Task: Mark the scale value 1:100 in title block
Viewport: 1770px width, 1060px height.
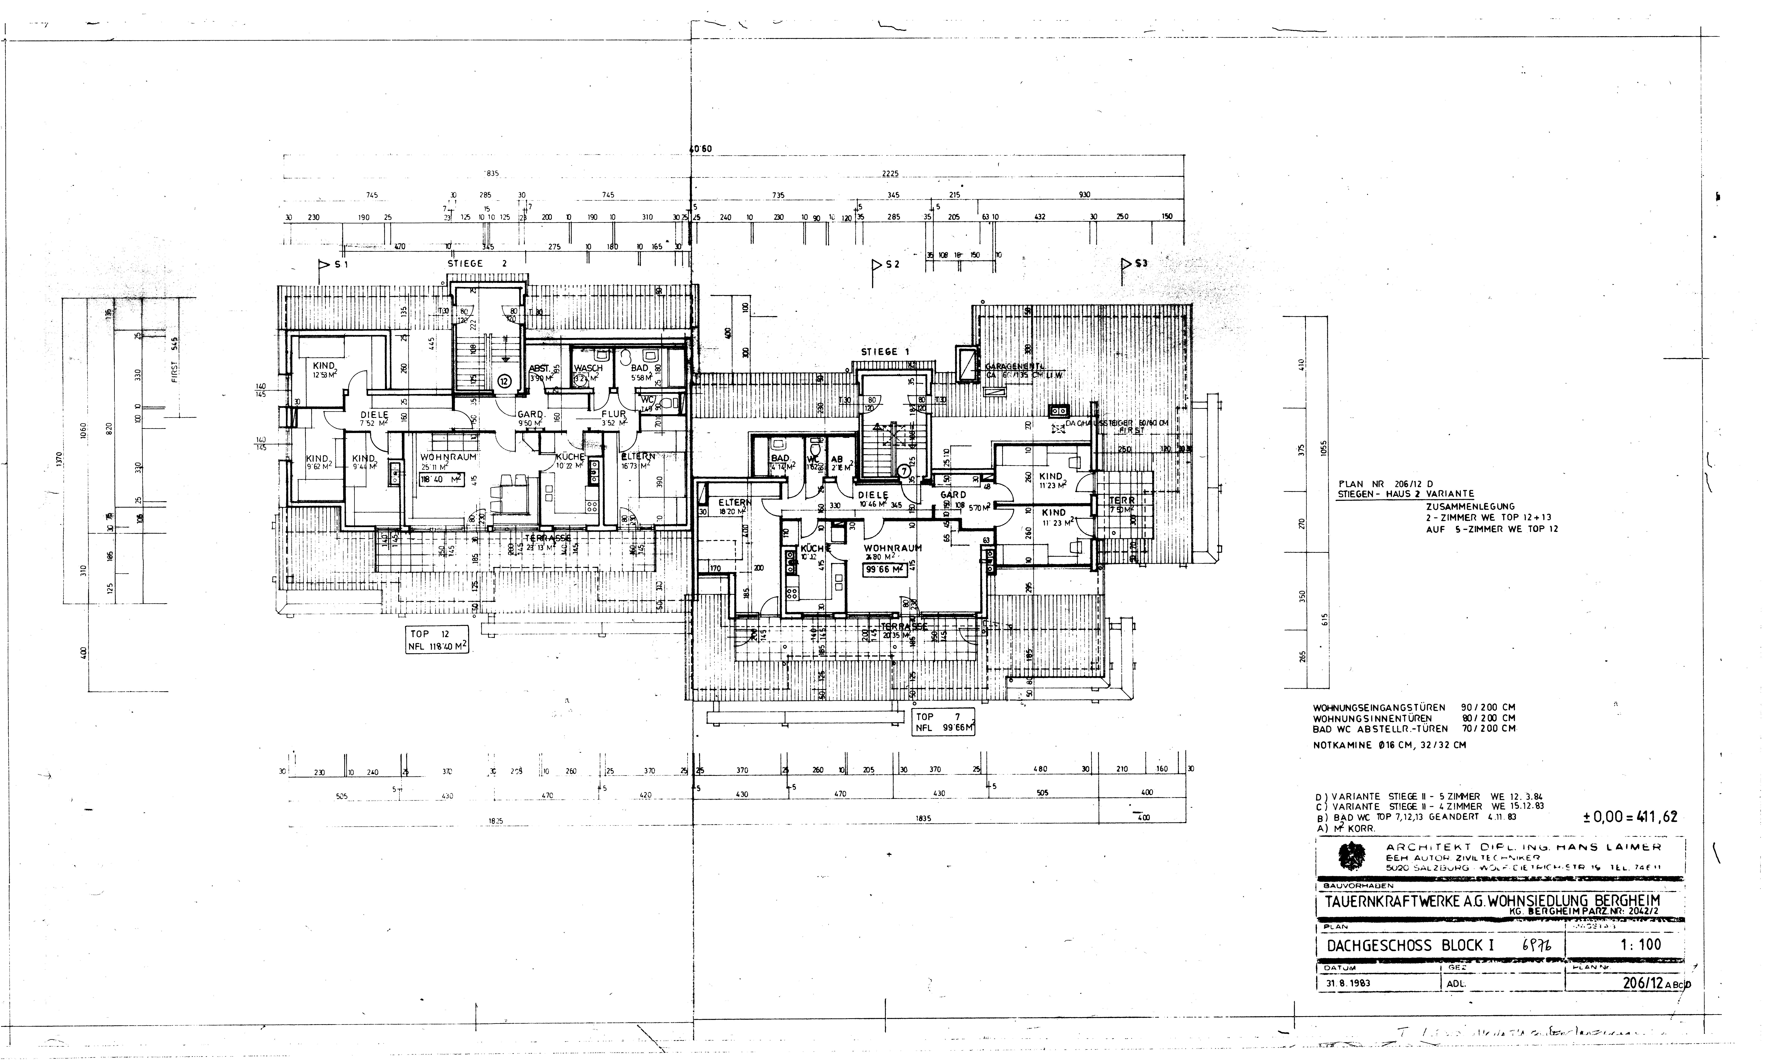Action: (1640, 944)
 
